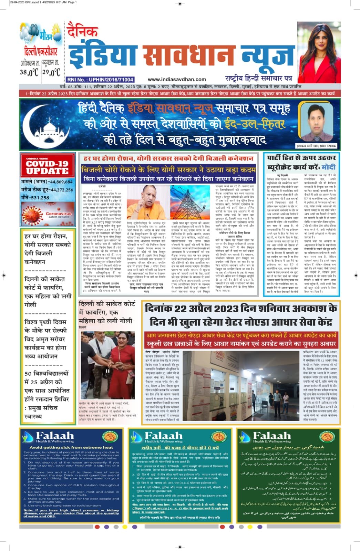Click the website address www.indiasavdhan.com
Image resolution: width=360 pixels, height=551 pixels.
click(x=177, y=79)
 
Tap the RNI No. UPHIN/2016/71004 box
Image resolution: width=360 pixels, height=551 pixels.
click(x=100, y=79)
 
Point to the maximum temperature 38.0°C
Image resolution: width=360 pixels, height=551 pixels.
click(x=29, y=72)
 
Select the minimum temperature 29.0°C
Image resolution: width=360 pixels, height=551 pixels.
click(x=51, y=72)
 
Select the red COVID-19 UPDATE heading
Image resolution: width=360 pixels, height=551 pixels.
click(x=47, y=167)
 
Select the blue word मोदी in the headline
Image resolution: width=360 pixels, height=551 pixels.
click(x=328, y=167)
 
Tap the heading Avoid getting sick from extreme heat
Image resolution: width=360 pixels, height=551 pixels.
click(x=71, y=447)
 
